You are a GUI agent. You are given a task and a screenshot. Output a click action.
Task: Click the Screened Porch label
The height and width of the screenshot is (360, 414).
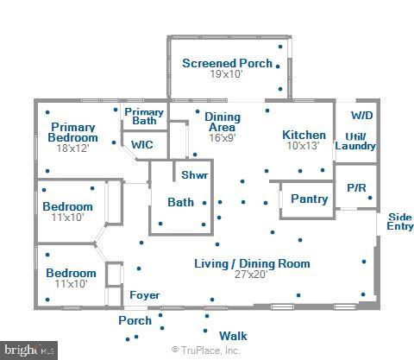227,63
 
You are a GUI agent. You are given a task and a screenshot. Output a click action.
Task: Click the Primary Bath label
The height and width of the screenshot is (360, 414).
144,117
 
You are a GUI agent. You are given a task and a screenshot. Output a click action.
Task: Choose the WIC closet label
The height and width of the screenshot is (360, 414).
142,145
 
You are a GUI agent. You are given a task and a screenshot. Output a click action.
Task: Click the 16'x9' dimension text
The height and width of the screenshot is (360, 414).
221,136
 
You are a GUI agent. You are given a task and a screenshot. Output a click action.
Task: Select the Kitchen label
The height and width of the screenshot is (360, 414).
304,135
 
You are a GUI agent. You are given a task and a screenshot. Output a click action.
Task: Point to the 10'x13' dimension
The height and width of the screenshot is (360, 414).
304,146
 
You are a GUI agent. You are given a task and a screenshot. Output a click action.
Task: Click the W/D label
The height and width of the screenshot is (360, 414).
362,116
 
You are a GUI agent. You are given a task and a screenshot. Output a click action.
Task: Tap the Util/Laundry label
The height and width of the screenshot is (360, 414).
355,141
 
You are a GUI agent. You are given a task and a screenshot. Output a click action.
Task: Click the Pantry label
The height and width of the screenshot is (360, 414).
309,199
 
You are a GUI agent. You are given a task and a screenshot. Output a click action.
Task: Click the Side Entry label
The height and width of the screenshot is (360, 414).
399,221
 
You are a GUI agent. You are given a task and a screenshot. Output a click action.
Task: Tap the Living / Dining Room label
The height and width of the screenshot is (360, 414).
251,263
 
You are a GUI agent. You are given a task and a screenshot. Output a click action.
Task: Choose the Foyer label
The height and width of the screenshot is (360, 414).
144,295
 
